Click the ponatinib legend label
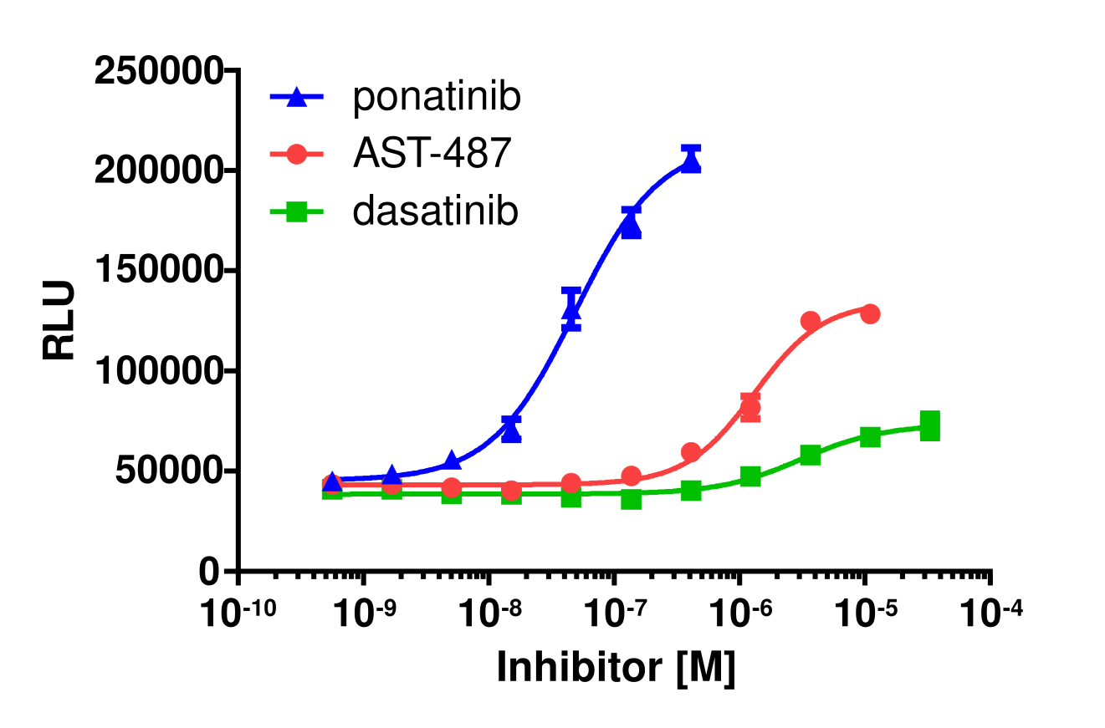click(x=437, y=98)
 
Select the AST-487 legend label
click(x=431, y=155)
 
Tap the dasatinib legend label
click(x=435, y=211)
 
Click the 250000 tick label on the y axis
click(x=159, y=71)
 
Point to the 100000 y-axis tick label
click(x=159, y=370)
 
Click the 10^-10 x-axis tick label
click(x=238, y=617)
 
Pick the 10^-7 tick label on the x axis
click(x=615, y=617)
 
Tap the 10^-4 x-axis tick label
click(x=991, y=617)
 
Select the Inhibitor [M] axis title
click(x=616, y=668)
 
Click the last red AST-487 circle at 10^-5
click(x=870, y=314)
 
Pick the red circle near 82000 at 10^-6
click(x=750, y=408)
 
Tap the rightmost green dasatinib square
click(x=929, y=425)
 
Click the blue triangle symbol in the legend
click(x=296, y=99)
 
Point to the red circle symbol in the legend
click(x=296, y=155)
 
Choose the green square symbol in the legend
click(x=296, y=212)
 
